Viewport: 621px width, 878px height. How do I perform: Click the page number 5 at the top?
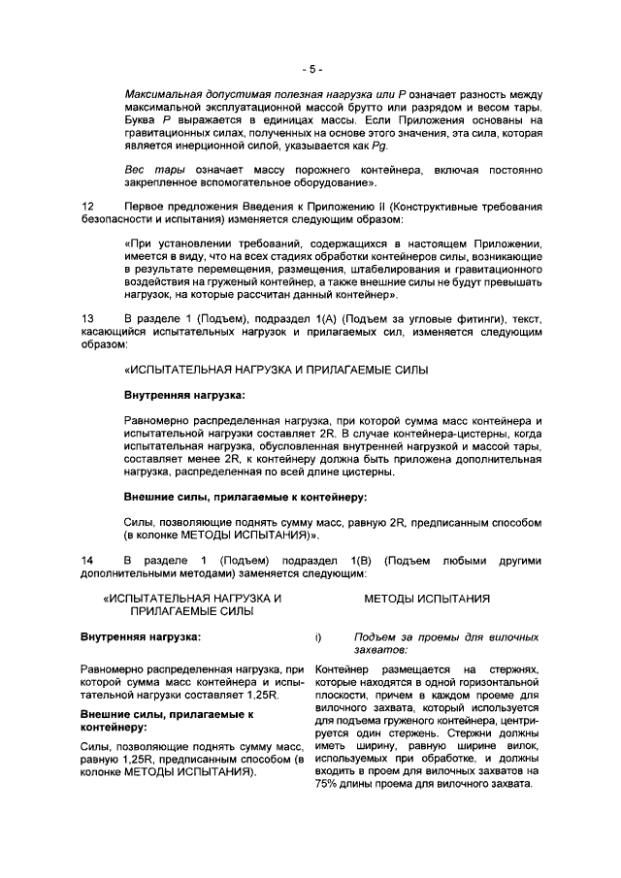pos(310,69)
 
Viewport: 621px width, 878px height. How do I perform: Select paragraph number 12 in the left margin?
pos(87,206)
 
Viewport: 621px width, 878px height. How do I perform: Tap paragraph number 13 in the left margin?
pos(87,317)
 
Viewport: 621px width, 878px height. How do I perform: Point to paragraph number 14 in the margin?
pos(87,561)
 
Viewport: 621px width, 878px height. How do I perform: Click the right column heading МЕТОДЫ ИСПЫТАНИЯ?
pos(427,599)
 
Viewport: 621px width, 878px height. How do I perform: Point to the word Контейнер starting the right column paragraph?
pos(343,670)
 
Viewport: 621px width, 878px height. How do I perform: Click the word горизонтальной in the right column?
pos(497,683)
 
